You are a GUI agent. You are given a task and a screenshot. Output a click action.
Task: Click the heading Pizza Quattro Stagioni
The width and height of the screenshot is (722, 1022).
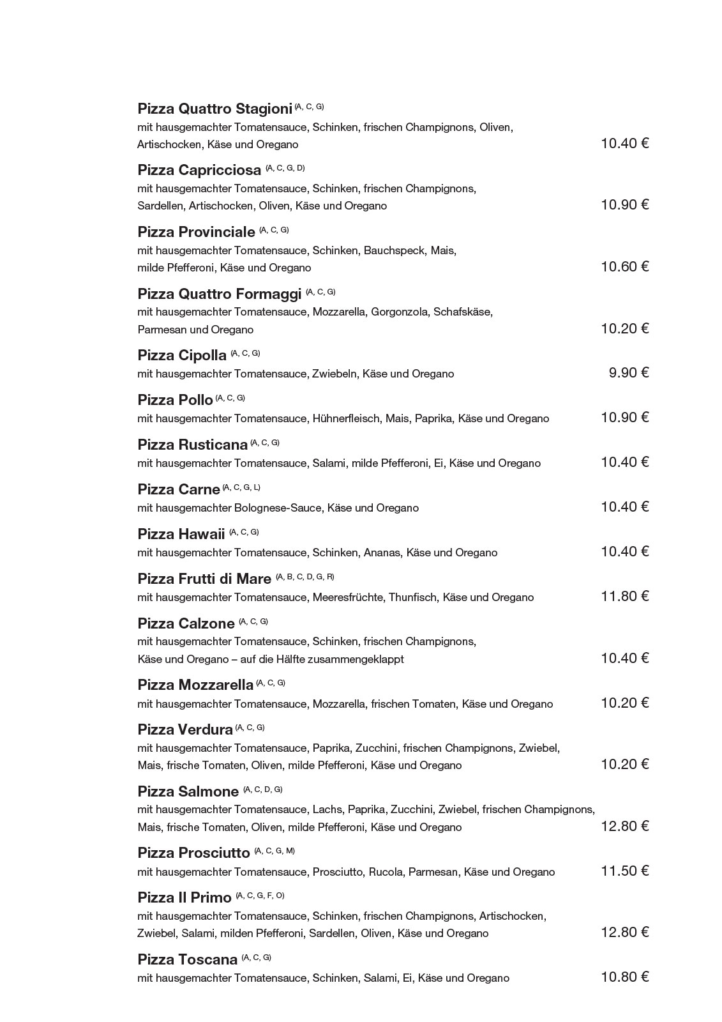[x=214, y=109]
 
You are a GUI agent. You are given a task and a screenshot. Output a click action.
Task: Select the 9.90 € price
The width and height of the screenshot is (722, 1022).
[x=628, y=373]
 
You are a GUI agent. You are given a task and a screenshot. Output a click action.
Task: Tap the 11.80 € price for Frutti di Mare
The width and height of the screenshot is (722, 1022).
[x=624, y=597]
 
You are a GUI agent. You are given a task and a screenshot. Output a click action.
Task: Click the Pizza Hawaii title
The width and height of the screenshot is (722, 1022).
[x=181, y=535]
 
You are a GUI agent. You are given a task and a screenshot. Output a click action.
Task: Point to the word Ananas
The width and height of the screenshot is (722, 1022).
[x=382, y=553]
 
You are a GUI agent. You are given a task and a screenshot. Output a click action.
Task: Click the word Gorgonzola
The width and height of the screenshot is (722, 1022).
[x=400, y=312]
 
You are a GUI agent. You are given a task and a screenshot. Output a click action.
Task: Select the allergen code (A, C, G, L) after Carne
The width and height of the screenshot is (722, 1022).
[x=241, y=487]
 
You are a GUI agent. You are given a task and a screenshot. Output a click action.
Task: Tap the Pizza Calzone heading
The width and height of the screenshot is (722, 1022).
[x=186, y=624]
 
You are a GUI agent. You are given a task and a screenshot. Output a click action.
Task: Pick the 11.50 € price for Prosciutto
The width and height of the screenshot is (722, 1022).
[x=624, y=871]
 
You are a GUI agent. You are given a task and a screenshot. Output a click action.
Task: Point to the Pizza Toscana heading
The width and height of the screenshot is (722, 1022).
[x=188, y=960]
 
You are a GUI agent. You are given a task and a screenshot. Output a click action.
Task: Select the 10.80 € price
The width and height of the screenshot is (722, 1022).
[x=624, y=977]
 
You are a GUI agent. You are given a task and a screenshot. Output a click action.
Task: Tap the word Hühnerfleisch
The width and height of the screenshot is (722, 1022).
[x=345, y=419]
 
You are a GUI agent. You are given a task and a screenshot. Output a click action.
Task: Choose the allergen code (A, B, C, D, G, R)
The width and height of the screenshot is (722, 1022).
[x=305, y=577]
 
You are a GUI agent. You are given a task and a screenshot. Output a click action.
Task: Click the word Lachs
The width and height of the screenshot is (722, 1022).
[x=327, y=810]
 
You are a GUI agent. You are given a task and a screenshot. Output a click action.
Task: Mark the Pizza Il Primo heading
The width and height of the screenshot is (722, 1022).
[x=184, y=898]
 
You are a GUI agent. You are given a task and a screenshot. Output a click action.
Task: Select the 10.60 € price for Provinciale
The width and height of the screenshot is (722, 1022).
[x=624, y=267]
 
